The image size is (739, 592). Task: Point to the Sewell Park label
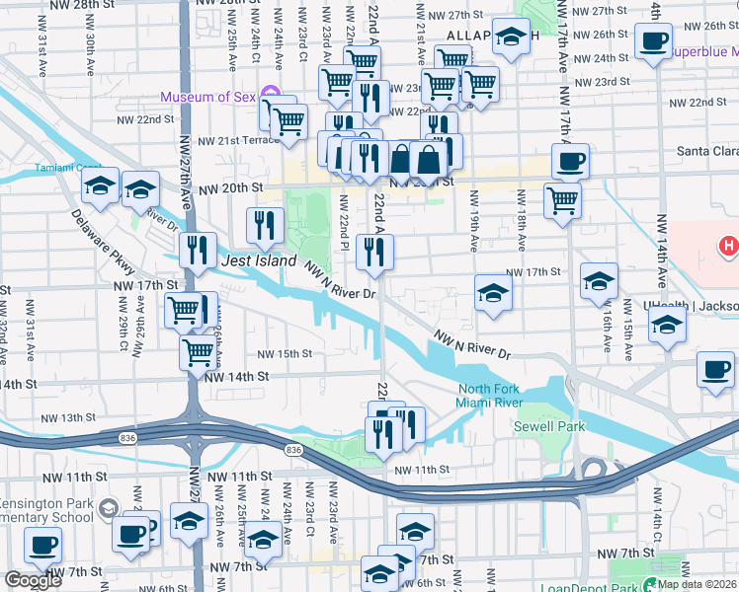(x=548, y=426)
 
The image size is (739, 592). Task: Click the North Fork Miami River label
(x=489, y=395)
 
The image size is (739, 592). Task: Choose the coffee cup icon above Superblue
(x=653, y=41)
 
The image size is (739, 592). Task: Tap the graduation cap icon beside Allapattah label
(x=511, y=37)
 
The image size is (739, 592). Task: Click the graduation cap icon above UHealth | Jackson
(x=668, y=325)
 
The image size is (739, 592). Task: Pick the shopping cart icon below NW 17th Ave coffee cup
(x=562, y=200)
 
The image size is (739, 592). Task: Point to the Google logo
(x=33, y=580)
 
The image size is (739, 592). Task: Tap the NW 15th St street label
(x=285, y=353)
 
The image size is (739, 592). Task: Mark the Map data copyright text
(x=697, y=584)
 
